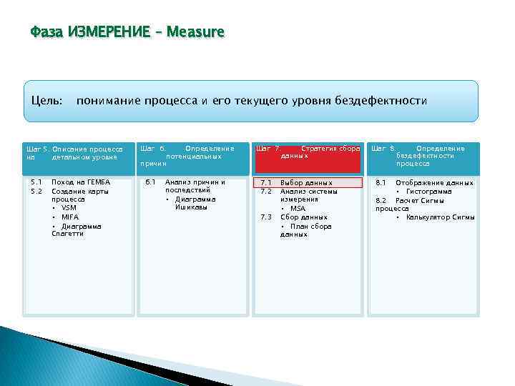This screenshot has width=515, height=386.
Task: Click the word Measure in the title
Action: [x=195, y=32]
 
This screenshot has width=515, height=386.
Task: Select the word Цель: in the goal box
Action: [x=46, y=101]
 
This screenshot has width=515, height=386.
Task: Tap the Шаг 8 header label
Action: [x=383, y=149]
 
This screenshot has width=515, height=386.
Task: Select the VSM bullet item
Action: [x=69, y=208]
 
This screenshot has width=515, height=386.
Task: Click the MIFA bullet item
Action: [x=70, y=217]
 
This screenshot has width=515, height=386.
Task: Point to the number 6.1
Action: [x=150, y=182]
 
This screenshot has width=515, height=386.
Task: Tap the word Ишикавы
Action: [x=191, y=208]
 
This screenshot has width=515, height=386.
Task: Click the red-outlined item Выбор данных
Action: [x=306, y=183]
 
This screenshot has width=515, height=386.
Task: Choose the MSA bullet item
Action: [x=298, y=208]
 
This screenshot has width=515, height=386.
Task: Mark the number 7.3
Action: [x=266, y=217]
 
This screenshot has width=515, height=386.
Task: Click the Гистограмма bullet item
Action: [x=428, y=192]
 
